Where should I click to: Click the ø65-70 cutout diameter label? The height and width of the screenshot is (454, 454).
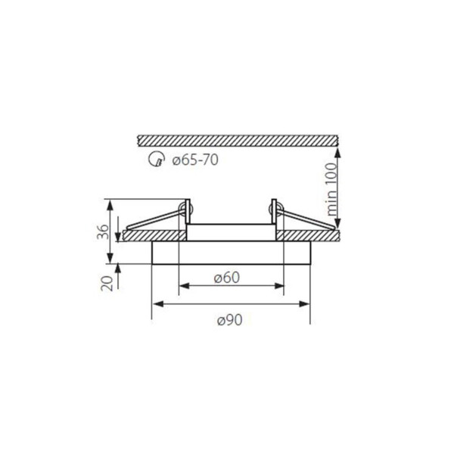coord(195,160)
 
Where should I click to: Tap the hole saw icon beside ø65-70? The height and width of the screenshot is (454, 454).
coord(157,160)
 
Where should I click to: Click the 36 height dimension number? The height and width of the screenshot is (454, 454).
coord(104,232)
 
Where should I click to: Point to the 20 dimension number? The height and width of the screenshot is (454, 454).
coord(107,283)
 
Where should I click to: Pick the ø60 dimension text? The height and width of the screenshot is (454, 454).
coord(227,278)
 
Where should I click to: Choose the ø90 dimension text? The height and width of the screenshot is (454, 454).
coord(229,320)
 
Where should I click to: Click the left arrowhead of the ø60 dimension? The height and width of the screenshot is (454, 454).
coord(184,286)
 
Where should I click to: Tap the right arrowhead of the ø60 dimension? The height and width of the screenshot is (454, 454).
coord(278,286)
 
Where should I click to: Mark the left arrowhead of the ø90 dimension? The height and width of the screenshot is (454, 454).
coord(158,303)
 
